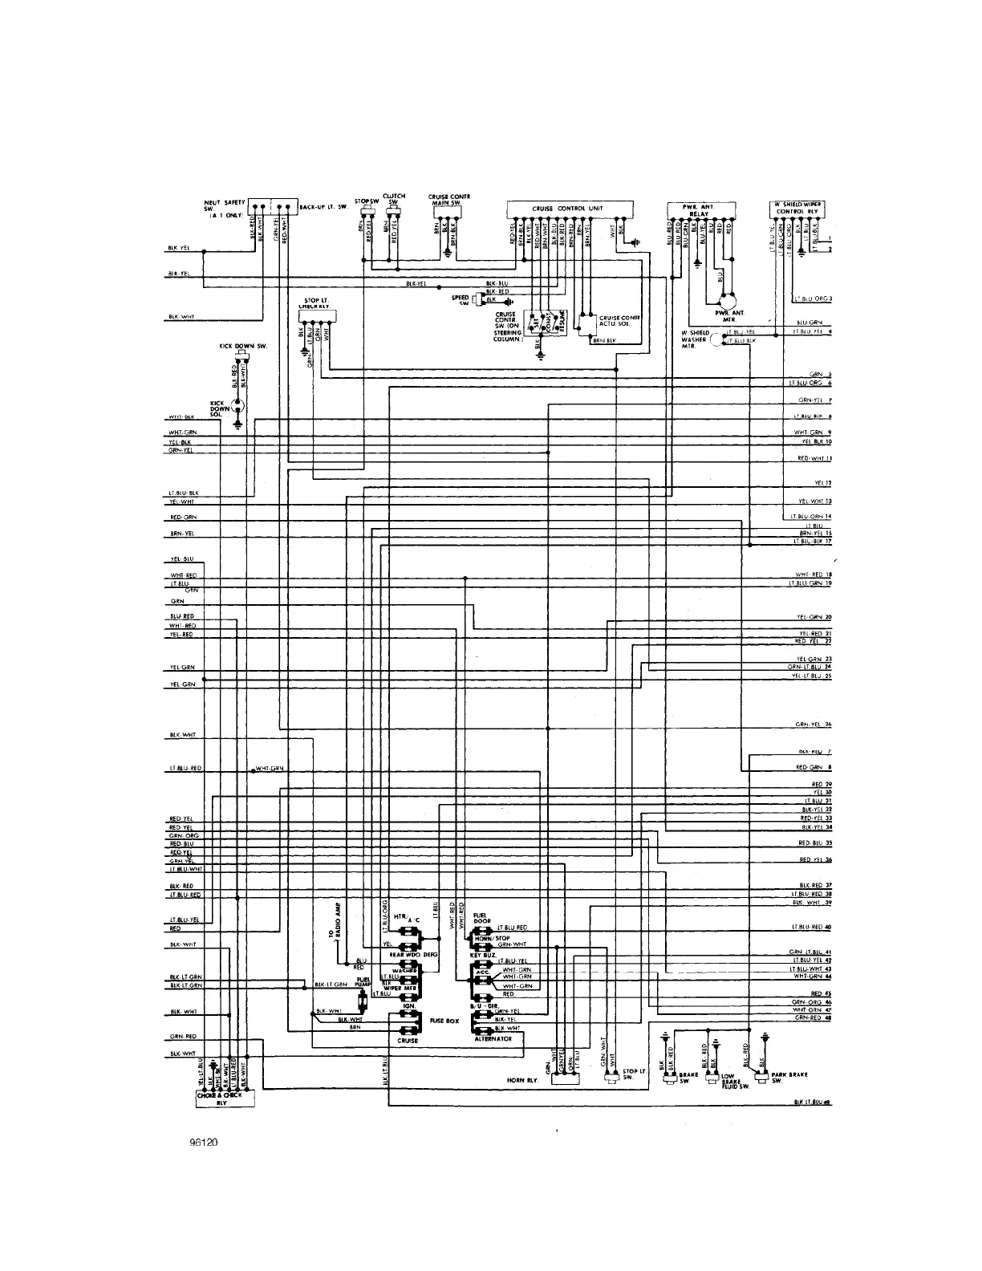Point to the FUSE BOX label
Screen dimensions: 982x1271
point(444,1021)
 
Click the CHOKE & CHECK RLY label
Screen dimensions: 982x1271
point(224,1098)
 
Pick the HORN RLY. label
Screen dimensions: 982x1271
point(521,1080)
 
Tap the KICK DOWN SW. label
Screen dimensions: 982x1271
point(243,346)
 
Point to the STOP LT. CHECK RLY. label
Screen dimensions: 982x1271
point(314,303)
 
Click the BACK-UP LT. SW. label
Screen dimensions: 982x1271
point(323,206)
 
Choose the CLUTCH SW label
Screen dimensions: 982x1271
point(394,198)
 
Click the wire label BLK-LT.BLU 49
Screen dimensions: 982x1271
point(811,1103)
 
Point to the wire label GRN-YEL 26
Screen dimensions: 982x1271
point(814,725)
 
